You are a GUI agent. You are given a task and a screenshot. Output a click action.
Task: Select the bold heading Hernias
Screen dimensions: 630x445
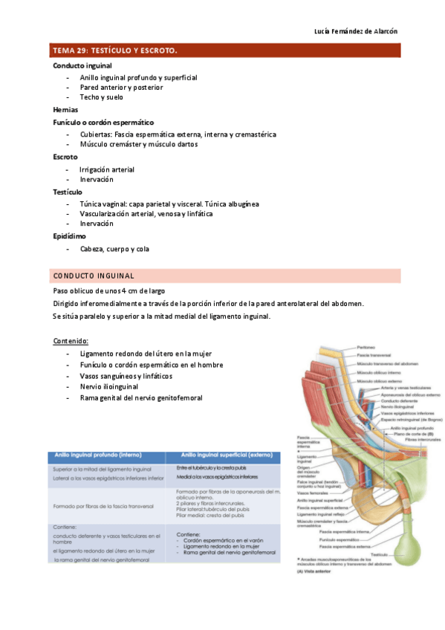pos(65,109)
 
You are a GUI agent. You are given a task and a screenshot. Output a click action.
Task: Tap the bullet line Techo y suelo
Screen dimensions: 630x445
pos(102,97)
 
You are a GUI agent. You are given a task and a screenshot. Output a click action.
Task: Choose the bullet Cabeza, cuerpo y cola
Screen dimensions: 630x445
pos(114,249)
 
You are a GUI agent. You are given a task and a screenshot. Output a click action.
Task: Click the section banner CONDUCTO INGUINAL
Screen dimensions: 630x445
pos(94,276)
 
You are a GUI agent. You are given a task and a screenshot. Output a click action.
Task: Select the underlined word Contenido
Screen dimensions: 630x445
pos(71,341)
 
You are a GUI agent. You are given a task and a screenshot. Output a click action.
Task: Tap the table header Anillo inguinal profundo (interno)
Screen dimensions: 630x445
pos(97,455)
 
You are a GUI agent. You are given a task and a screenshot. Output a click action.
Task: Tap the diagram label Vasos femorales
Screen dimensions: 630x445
pos(311,493)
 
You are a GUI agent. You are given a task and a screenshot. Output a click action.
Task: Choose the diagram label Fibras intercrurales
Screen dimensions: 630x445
pos(420,440)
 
